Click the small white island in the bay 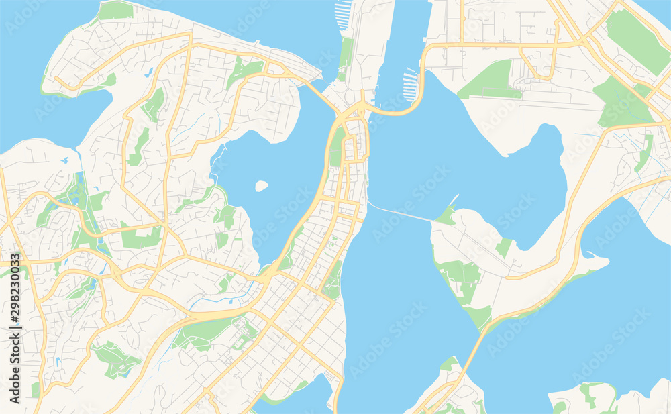[262, 186]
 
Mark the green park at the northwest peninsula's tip [115, 10]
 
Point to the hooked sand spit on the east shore [588, 254]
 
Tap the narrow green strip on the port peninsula [346, 54]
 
